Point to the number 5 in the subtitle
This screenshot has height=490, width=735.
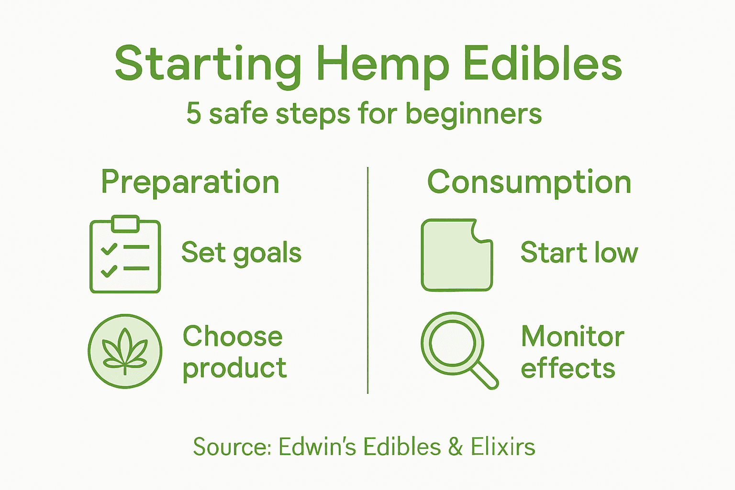click(x=193, y=114)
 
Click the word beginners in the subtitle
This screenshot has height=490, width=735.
click(x=474, y=115)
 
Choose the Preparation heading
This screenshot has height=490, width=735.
click(x=190, y=183)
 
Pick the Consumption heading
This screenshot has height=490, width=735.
click(x=529, y=182)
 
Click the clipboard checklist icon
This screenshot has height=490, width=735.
click(x=125, y=256)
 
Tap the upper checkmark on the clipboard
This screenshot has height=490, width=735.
click(x=109, y=249)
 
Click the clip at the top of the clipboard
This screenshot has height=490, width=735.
click(x=125, y=223)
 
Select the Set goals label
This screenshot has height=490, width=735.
click(x=241, y=253)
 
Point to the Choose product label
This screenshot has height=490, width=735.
click(x=234, y=352)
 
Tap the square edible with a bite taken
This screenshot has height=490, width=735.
click(x=455, y=256)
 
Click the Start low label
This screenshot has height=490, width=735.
click(x=579, y=253)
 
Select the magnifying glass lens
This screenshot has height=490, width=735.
click(x=452, y=343)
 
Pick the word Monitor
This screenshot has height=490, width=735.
click(x=572, y=336)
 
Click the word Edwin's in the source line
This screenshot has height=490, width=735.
click(x=317, y=447)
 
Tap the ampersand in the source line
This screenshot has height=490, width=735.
click(x=456, y=447)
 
